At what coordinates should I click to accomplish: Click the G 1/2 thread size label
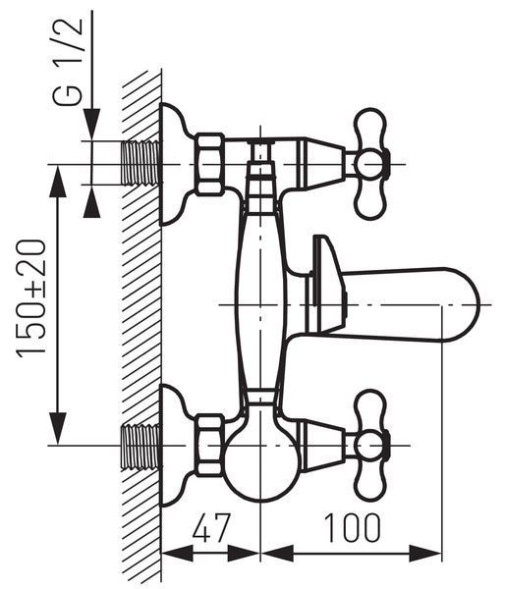pyautogui.click(x=68, y=62)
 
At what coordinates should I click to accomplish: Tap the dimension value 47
pyautogui.click(x=210, y=527)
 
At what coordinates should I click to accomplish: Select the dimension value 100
pyautogui.click(x=353, y=527)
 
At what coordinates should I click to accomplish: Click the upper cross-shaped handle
pyautogui.click(x=371, y=164)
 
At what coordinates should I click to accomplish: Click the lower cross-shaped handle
pyautogui.click(x=371, y=446)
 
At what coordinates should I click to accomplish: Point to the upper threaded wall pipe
pyautogui.click(x=141, y=163)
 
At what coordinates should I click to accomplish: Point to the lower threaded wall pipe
pyautogui.click(x=141, y=447)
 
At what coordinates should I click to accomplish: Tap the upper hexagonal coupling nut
pyautogui.click(x=209, y=164)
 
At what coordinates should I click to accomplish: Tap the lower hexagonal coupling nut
pyautogui.click(x=209, y=446)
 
